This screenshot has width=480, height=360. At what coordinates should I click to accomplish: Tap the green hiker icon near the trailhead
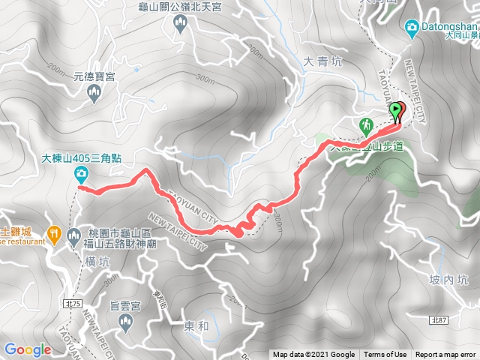tap(367, 125)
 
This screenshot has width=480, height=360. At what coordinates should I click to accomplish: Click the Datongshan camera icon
tap(412, 28)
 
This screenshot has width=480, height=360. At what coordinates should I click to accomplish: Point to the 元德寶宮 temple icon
tap(94, 93)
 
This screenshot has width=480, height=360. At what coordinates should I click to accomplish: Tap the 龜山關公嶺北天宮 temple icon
tap(181, 25)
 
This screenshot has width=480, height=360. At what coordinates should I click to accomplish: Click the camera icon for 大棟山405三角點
tap(80, 175)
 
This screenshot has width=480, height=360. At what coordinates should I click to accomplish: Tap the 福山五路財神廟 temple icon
tap(73, 238)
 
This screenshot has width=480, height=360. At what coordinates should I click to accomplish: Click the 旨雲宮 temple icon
tap(126, 322)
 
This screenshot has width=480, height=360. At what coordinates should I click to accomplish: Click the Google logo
tap(27, 349)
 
